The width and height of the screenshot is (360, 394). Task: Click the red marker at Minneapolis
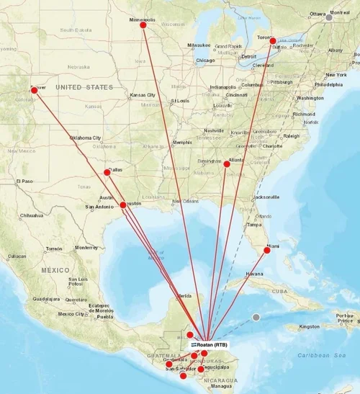(x=143, y=25)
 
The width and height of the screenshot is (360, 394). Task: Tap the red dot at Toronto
(x=273, y=42)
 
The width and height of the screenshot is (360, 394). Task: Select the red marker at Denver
(x=34, y=90)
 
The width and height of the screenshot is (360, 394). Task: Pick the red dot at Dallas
(x=107, y=172)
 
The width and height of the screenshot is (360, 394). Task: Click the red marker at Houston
(x=123, y=205)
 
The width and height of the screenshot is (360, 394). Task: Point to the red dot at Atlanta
(x=227, y=164)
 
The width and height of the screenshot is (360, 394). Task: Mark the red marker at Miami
(x=266, y=250)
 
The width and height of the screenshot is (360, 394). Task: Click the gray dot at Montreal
(x=329, y=17)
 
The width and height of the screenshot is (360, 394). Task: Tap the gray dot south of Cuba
(x=256, y=317)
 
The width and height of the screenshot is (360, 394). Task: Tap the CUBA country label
(x=281, y=291)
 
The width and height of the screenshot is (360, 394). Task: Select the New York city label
(x=336, y=75)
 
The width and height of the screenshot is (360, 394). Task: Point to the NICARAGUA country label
(x=220, y=380)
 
